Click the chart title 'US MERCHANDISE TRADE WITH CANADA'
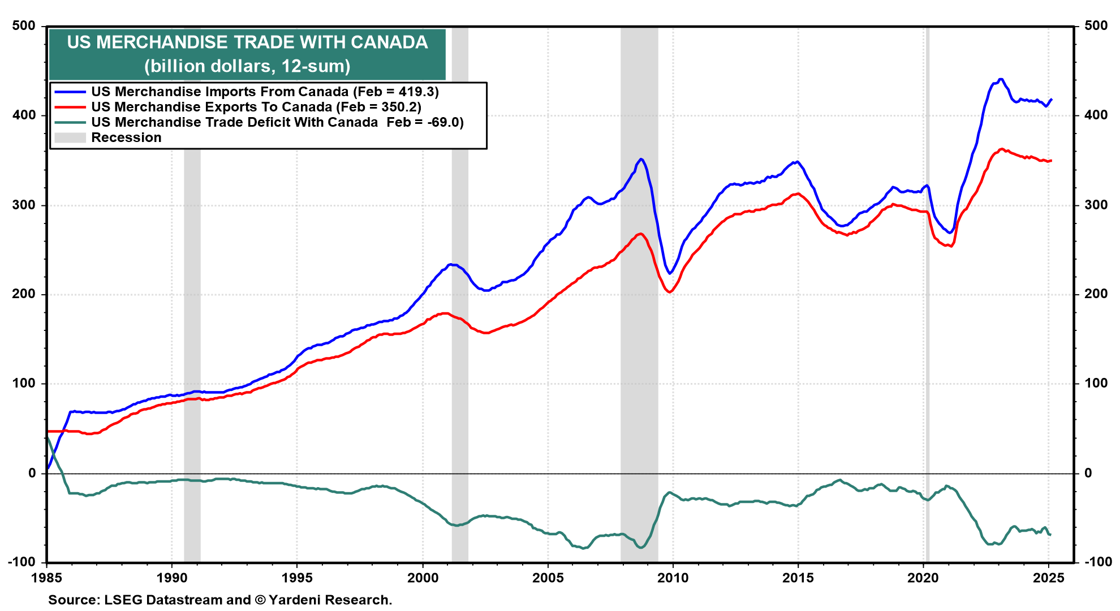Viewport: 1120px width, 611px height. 247,42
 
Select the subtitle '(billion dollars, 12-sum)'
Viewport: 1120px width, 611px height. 247,66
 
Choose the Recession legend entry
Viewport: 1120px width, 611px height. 107,137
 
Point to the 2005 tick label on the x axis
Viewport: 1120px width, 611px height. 548,578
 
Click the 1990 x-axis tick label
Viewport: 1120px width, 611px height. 171,578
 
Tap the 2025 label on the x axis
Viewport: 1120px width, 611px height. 1048,578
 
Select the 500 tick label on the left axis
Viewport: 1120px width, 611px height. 24,25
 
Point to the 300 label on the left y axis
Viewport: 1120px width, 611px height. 24,205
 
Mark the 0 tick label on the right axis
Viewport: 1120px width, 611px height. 1088,473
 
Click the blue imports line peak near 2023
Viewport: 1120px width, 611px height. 1001,79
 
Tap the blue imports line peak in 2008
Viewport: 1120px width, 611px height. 640,159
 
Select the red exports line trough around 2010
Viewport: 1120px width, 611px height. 669,292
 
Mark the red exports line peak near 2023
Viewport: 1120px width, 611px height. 1001,149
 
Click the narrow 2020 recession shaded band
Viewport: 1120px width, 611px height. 927,294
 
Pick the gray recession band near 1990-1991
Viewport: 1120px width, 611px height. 192,294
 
